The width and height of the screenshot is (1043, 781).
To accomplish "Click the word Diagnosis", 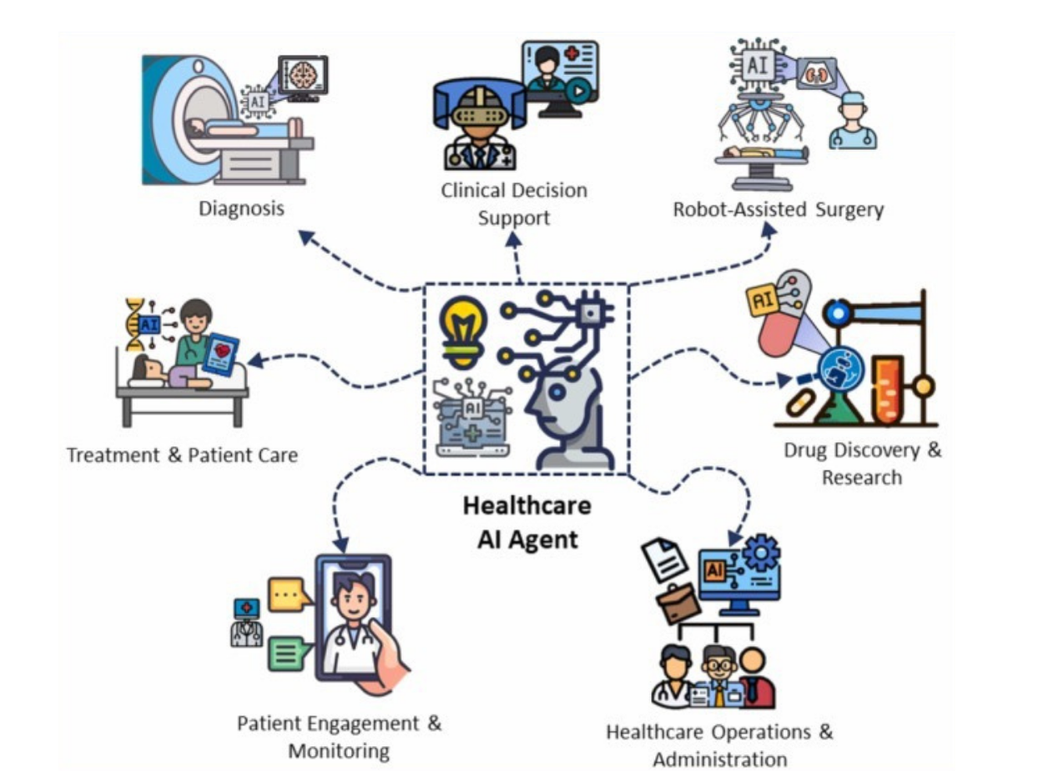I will click(241, 208).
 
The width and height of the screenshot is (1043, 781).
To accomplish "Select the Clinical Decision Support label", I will click(514, 203).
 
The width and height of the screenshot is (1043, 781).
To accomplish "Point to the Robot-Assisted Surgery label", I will click(778, 208).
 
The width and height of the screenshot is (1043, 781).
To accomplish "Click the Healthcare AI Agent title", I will click(527, 522).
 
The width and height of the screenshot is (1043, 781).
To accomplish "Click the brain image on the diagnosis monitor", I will click(302, 74).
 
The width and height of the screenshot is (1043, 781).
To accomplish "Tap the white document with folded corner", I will click(664, 559).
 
